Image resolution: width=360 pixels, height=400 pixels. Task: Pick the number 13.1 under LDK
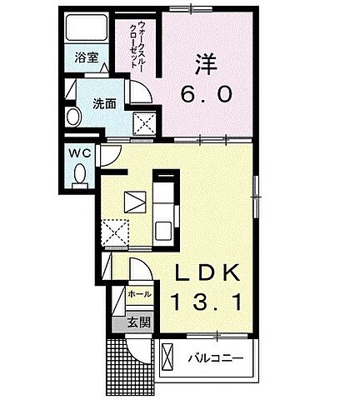point(207,302)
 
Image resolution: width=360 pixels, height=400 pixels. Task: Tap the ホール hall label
point(140,294)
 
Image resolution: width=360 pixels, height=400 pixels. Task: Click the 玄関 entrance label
point(138,323)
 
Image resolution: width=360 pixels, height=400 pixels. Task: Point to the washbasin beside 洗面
point(72,117)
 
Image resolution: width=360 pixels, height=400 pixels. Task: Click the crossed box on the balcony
point(167,358)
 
